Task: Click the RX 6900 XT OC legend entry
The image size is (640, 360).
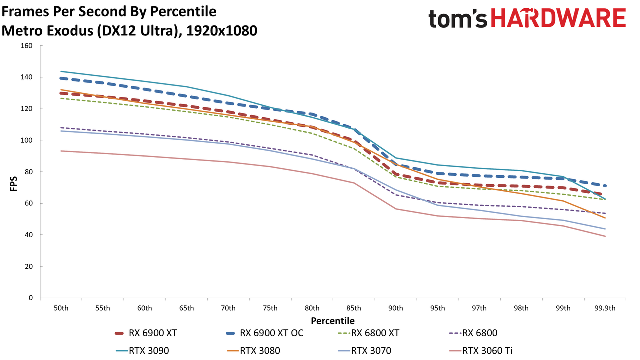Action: [x=265, y=333]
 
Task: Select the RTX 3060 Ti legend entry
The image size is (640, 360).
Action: [x=481, y=351]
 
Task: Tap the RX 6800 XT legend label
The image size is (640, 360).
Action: [x=375, y=333]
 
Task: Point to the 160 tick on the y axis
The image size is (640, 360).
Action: [x=26, y=46]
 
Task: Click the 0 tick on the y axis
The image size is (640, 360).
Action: [x=31, y=298]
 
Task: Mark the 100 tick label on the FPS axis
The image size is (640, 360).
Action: [x=26, y=140]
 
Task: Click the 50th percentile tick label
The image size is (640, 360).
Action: [x=61, y=308]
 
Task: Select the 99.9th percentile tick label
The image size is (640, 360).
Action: [x=605, y=308]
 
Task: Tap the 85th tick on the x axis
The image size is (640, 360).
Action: [x=354, y=308]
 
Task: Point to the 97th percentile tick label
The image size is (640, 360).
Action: [x=479, y=308]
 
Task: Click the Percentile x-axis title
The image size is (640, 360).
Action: [x=333, y=321]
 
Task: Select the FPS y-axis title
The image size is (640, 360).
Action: [x=13, y=184]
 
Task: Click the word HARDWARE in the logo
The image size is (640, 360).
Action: [x=558, y=18]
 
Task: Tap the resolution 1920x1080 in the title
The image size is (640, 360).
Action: [x=222, y=31]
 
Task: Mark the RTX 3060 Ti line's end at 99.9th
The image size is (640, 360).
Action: [x=605, y=236]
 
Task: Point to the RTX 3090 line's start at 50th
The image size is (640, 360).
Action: [x=61, y=71]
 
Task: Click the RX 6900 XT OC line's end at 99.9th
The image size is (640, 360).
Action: [x=605, y=186]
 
